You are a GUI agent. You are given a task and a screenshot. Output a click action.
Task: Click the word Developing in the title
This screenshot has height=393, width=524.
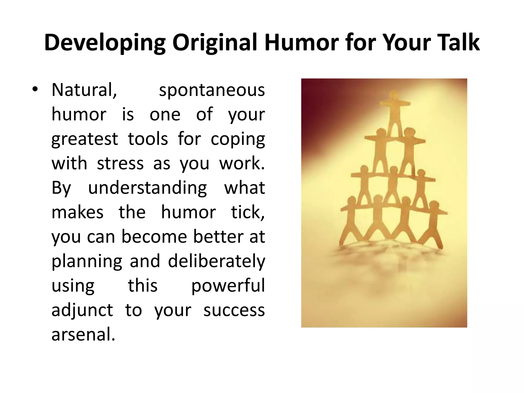[105, 43]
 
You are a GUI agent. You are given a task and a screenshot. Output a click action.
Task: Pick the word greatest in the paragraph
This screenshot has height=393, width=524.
[84, 139]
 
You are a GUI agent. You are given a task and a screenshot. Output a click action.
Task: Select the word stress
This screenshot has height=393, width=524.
[120, 163]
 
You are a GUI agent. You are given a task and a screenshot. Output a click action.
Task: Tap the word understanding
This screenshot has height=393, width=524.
[147, 188]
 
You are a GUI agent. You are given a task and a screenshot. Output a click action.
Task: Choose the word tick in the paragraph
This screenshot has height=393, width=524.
[248, 212]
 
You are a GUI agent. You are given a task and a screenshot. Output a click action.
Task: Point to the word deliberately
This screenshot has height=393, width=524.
[216, 261]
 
